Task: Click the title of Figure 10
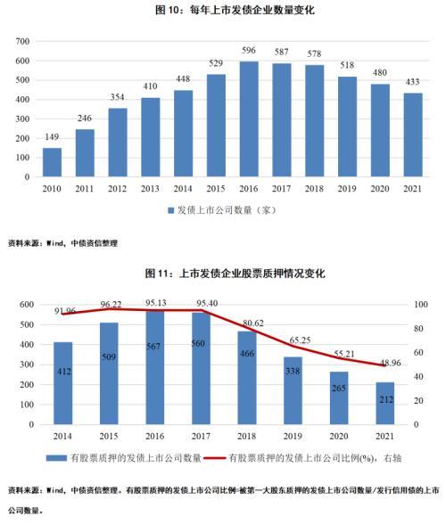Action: pos(222,11)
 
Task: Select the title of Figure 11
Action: pos(222,272)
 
